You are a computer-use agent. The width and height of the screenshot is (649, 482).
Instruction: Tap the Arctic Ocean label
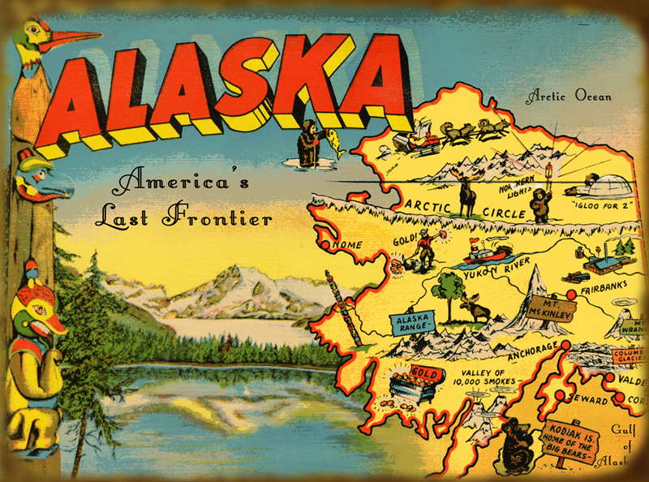pos(568,97)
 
